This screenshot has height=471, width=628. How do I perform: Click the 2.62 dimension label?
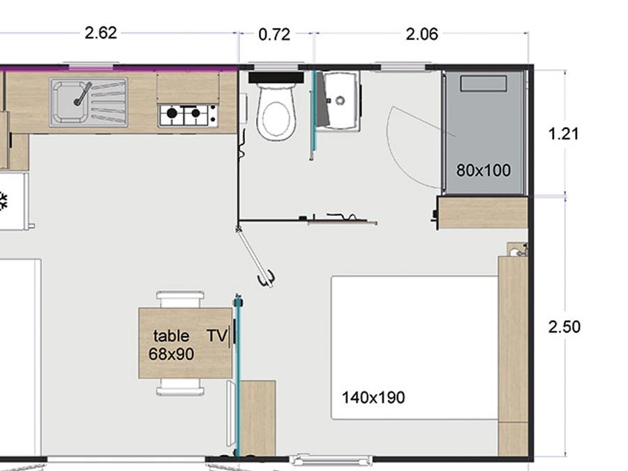click(x=101, y=33)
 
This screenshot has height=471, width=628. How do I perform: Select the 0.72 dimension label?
click(x=274, y=35)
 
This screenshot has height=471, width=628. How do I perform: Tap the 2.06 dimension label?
click(x=421, y=34)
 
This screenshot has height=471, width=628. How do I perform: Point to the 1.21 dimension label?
click(x=564, y=134)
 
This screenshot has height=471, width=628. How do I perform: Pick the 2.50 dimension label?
click(x=565, y=327)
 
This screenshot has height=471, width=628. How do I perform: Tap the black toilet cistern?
click(x=276, y=77)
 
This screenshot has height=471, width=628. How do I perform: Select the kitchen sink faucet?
click(x=82, y=94)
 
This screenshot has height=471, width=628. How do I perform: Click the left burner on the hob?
click(x=172, y=113)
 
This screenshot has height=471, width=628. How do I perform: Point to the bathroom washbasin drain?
click(x=341, y=100)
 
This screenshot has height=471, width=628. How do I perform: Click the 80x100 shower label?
click(x=484, y=171)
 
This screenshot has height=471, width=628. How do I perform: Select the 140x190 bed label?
click(x=373, y=398)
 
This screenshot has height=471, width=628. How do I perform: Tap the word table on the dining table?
click(x=171, y=336)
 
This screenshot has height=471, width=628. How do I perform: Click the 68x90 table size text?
click(x=172, y=354)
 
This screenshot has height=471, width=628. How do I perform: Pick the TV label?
click(x=217, y=336)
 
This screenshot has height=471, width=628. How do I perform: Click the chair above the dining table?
click(x=180, y=299)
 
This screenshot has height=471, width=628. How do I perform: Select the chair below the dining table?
click(x=180, y=387)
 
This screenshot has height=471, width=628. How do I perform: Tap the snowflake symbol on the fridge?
click(x=3, y=202)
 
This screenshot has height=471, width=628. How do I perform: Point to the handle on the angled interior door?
click(x=267, y=278)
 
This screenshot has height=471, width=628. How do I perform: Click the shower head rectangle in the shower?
click(x=484, y=84)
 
